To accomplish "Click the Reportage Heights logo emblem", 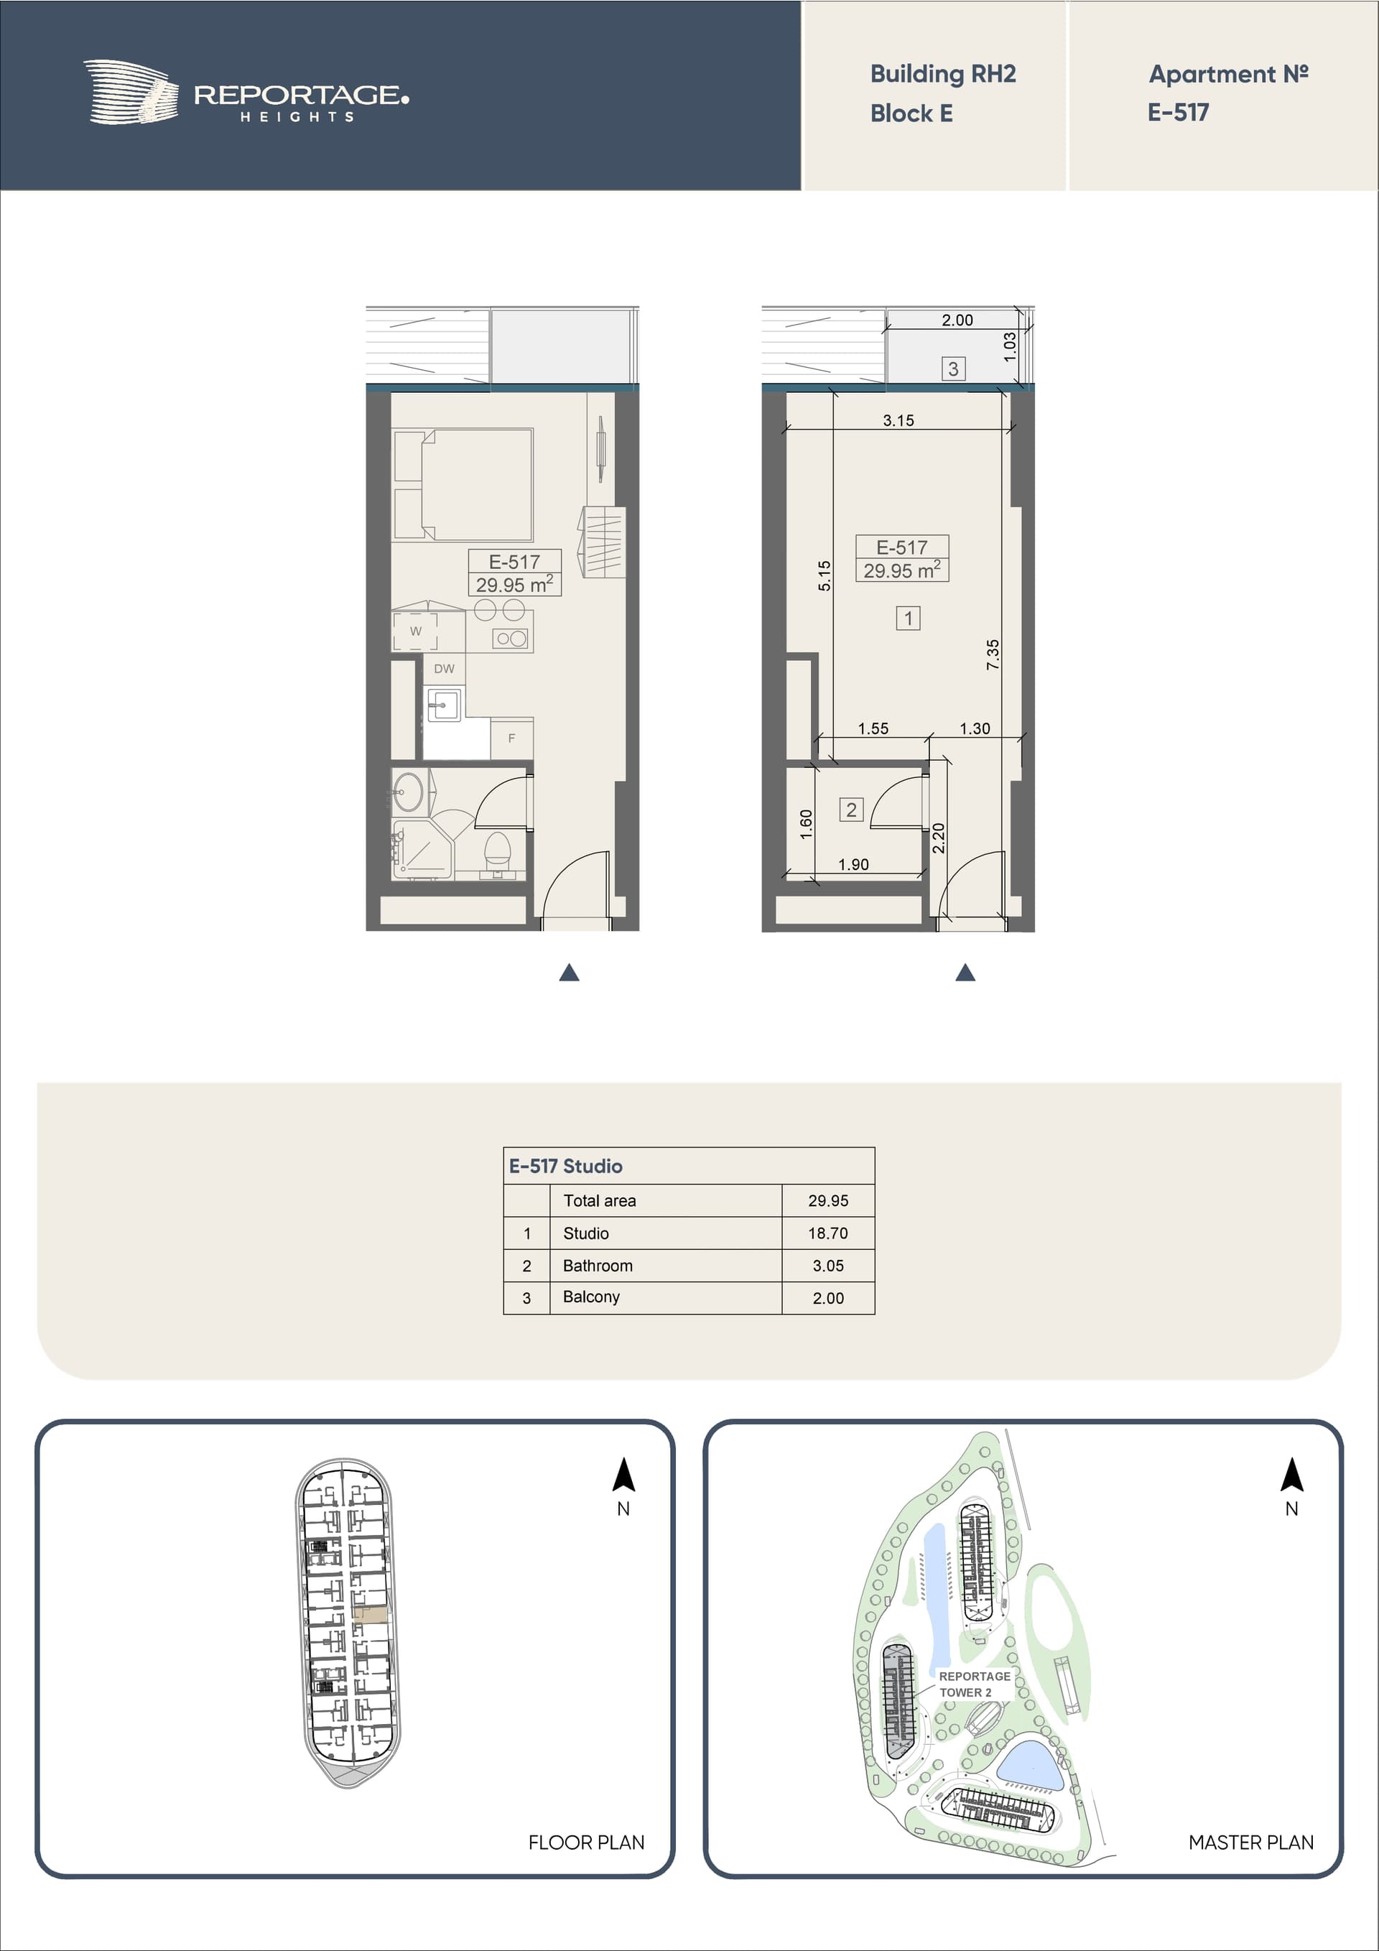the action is coord(131,92).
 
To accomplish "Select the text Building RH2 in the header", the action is coord(943,74).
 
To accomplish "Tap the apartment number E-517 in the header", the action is coord(1178,112).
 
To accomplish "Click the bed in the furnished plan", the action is coord(463,484).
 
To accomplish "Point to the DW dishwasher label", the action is coord(445,669).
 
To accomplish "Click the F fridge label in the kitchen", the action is coord(511,738).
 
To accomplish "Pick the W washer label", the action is coord(415,631).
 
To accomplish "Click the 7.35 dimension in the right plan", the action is coord(993,654).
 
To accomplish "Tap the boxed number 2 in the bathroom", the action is coord(851,810).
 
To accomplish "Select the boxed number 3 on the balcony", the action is coord(953,369).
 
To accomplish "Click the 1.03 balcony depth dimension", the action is coord(1009,347).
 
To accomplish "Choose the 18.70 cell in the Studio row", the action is coord(827,1233).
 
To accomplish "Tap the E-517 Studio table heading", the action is coord(565,1166).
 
